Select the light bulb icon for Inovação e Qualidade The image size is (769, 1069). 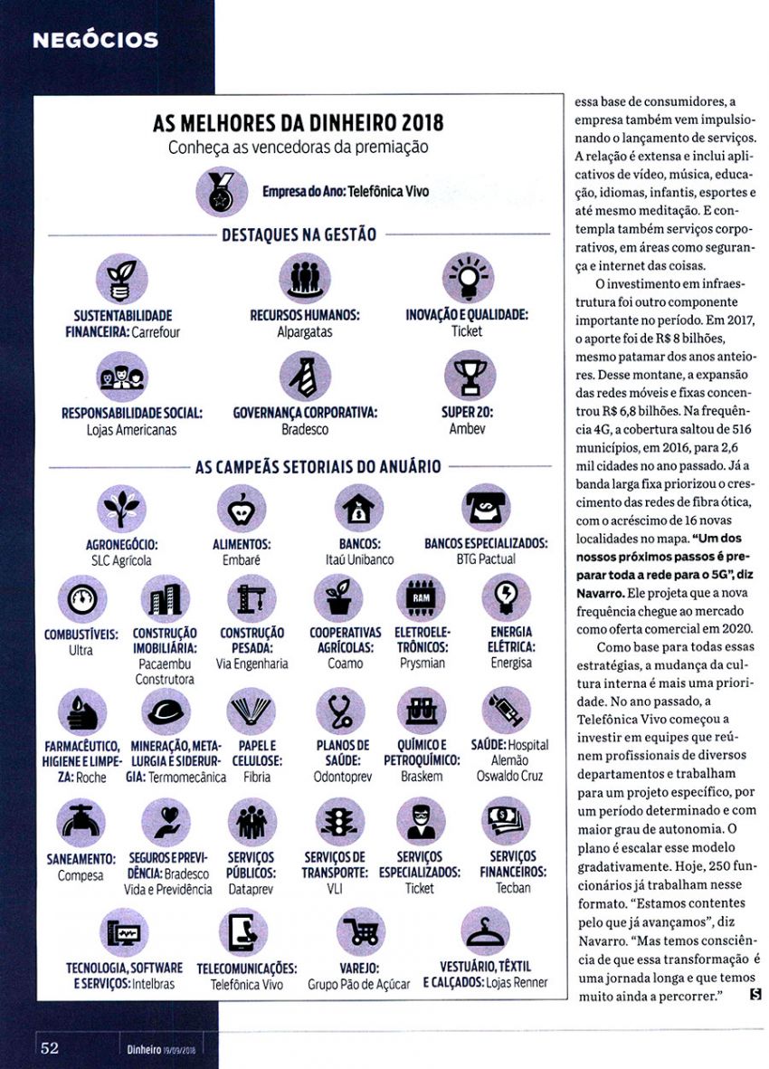467,277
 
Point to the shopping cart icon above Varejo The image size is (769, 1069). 360,932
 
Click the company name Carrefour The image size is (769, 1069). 156,332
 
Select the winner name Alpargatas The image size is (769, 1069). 305,332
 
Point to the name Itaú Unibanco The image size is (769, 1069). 360,560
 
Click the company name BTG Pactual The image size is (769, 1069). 485,560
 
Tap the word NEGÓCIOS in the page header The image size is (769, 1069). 95,40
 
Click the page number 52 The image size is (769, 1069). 50,1048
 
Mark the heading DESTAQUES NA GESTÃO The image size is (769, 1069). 299,235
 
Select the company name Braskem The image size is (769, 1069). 422,777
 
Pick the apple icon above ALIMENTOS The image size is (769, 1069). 242,509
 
